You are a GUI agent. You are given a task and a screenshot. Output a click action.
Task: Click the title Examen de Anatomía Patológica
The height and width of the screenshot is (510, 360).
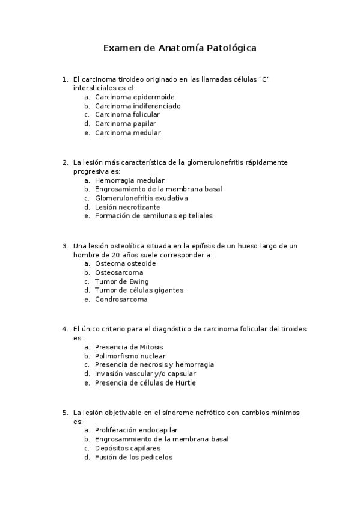click(x=180, y=48)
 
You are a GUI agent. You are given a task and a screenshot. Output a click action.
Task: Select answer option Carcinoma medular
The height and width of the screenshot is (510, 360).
click(x=127, y=133)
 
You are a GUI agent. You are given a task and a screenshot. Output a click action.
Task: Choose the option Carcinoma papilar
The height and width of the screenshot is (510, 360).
click(x=125, y=124)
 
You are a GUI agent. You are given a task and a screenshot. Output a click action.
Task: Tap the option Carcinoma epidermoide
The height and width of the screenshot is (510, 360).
click(x=135, y=97)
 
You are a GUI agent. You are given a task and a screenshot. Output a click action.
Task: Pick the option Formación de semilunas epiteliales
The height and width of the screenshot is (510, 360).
click(x=153, y=216)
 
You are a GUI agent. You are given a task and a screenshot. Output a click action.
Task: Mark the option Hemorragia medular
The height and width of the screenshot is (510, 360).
click(x=129, y=180)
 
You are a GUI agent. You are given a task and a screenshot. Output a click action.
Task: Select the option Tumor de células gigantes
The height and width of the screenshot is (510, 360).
click(x=139, y=290)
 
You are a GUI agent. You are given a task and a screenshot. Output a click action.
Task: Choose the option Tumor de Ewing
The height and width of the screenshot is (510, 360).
click(x=121, y=281)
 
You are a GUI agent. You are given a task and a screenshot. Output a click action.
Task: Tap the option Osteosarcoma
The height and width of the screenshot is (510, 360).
click(x=119, y=272)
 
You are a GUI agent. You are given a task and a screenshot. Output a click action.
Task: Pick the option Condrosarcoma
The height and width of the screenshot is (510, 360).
click(x=121, y=300)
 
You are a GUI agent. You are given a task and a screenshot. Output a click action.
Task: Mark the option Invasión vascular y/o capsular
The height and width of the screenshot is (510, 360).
click(x=146, y=373)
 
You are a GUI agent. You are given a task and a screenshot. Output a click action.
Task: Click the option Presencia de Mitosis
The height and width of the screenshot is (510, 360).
click(x=129, y=347)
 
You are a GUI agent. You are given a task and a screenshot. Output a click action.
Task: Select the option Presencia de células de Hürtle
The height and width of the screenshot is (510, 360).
click(x=145, y=382)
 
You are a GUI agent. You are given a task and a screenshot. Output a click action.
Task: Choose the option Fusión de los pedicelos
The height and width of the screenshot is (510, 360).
click(x=133, y=457)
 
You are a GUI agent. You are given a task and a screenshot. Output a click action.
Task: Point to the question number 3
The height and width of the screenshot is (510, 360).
click(x=64, y=246)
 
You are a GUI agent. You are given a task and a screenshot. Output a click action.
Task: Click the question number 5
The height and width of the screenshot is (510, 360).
click(x=64, y=413)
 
